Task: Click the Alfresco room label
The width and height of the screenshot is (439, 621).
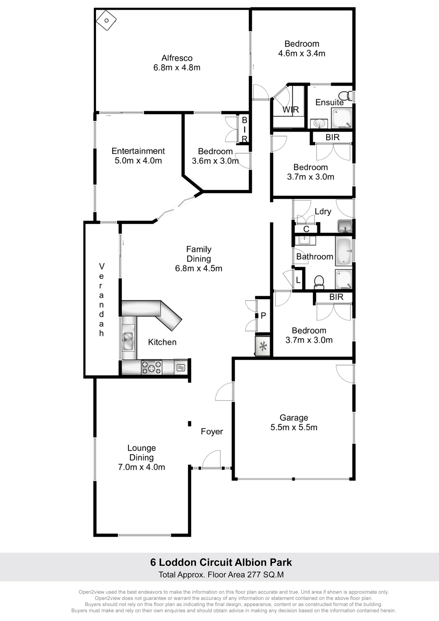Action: tap(177, 58)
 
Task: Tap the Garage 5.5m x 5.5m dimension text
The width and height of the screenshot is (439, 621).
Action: tap(294, 427)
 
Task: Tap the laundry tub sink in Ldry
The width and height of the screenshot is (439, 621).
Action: tap(345, 226)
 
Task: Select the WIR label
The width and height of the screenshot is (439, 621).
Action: tap(291, 110)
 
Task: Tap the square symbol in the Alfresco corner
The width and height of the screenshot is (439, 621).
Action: tap(107, 20)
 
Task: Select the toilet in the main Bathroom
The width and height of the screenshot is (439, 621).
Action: tap(319, 282)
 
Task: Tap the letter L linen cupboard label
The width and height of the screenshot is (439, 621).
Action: tap(298, 280)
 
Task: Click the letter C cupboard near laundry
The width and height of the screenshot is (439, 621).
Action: tap(306, 229)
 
